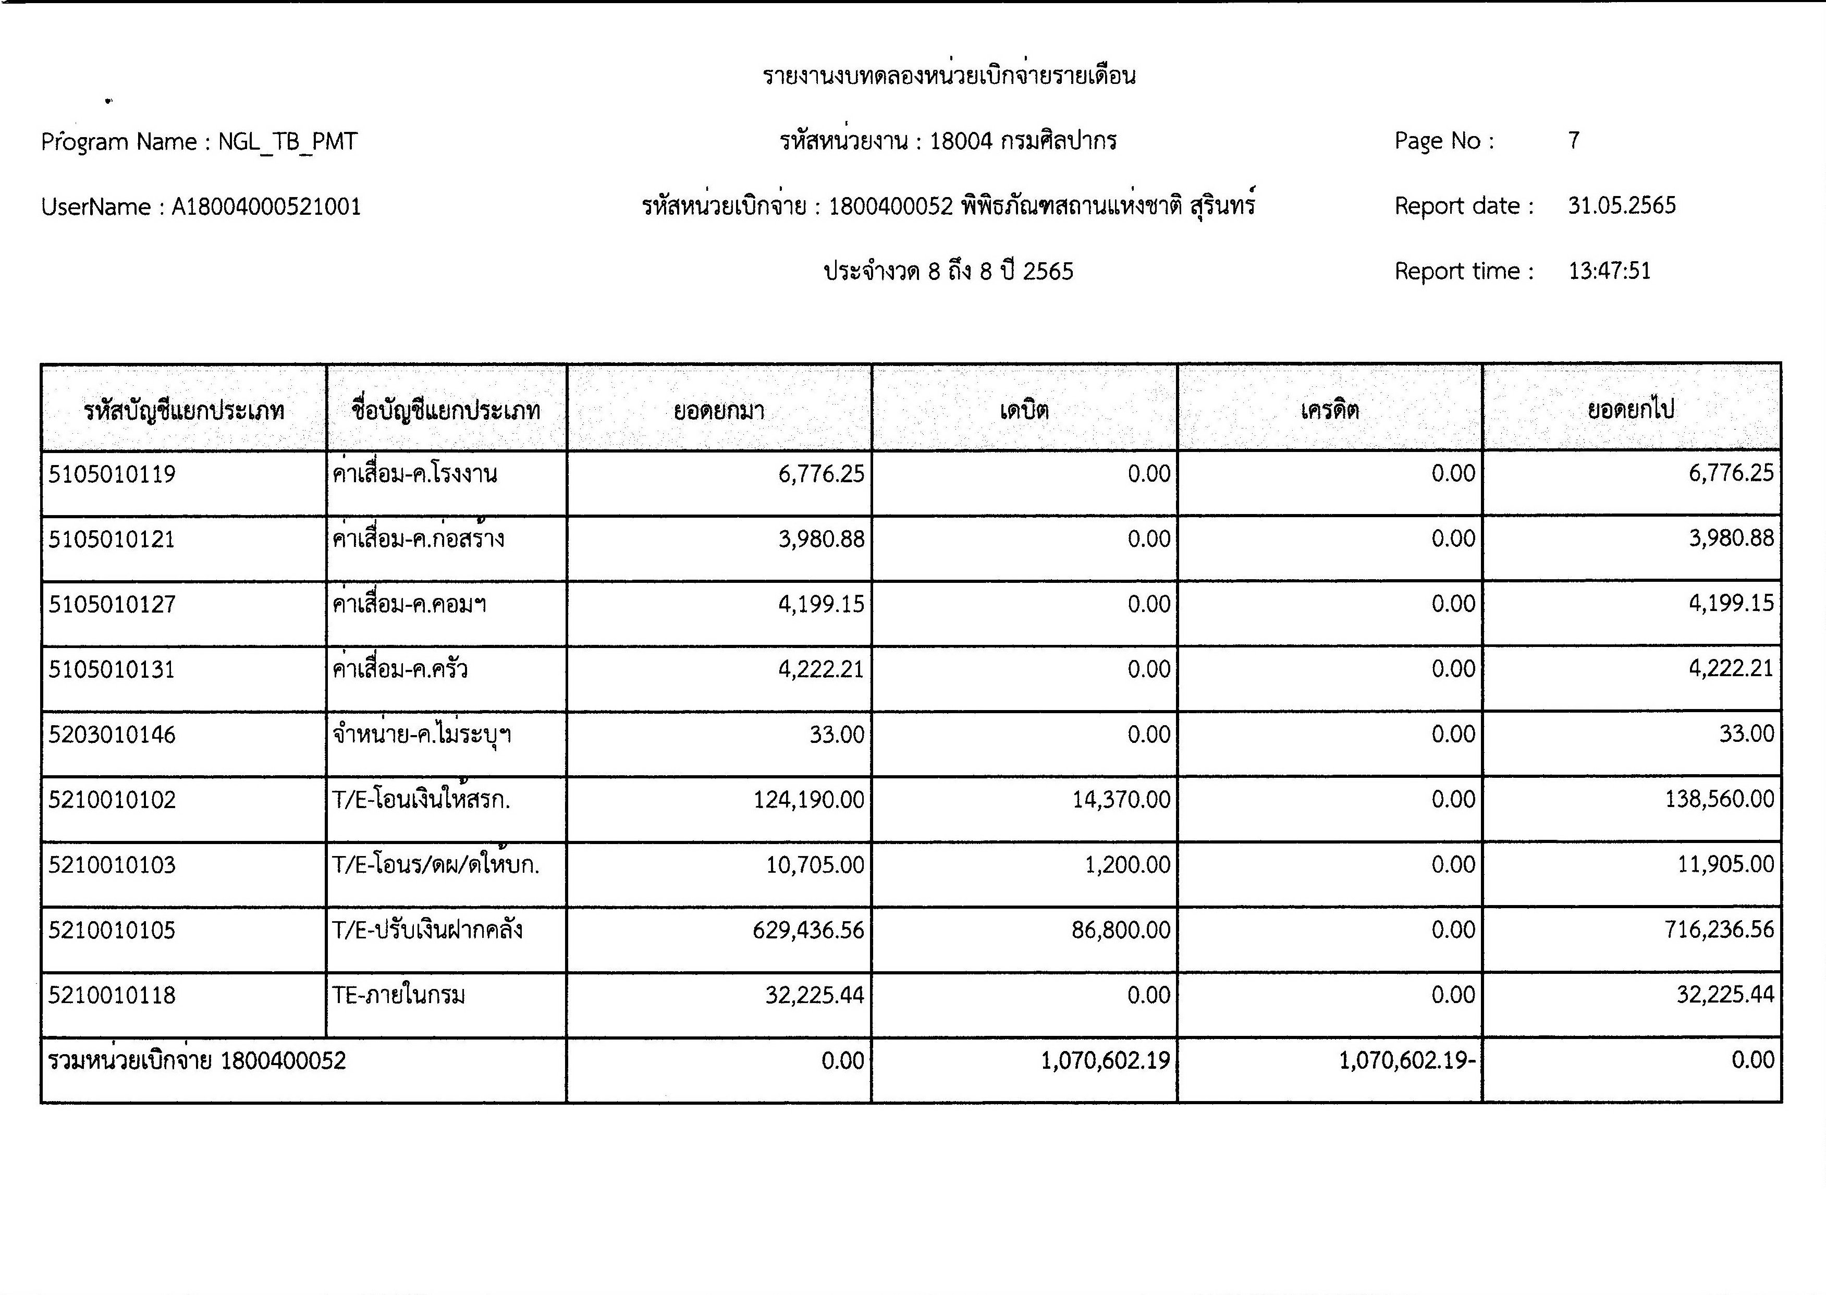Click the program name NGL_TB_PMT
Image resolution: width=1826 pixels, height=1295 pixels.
tap(288, 142)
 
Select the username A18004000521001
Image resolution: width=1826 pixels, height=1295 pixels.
tap(266, 207)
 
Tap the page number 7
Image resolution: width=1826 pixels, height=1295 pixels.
tap(1573, 141)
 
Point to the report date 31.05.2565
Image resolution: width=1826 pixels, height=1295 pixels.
tap(1622, 206)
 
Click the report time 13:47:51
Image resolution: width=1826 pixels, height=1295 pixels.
tap(1609, 271)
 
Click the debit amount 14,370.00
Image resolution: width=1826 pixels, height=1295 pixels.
tap(1121, 800)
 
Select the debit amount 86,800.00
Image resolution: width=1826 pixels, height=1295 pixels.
tap(1121, 930)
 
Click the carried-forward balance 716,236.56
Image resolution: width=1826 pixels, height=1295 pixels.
tap(1719, 930)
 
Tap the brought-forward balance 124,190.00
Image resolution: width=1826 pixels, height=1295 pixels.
tap(808, 800)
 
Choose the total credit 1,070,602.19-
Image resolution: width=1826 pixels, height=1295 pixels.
tap(1407, 1060)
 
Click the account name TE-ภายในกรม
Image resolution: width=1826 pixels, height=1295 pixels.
tap(399, 995)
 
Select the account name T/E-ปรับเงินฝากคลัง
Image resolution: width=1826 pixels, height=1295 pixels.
tap(427, 930)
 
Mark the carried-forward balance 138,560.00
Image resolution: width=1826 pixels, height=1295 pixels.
tap(1719, 800)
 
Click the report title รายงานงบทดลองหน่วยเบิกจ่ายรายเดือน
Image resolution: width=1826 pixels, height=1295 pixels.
tap(949, 77)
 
